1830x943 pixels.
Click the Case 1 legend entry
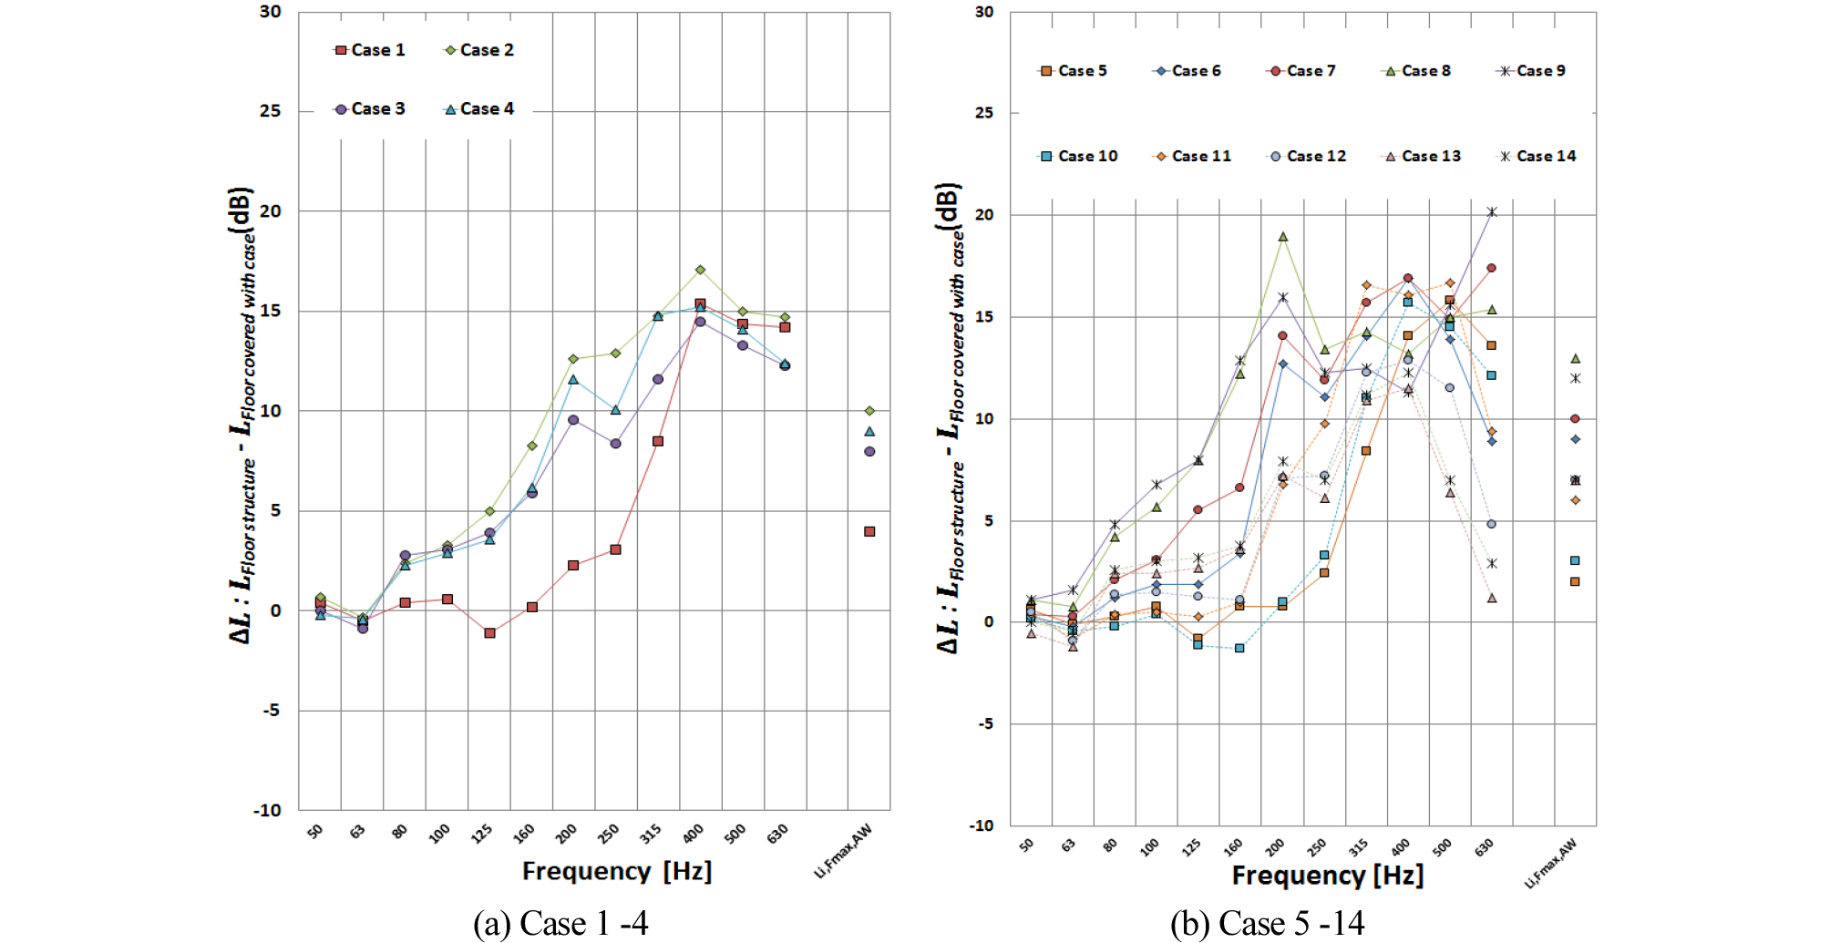(370, 50)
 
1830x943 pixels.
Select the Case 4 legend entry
(479, 109)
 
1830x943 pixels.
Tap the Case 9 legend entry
(1533, 71)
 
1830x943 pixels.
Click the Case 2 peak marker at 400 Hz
(700, 270)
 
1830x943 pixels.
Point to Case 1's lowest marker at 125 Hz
(489, 633)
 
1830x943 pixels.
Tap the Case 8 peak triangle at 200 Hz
(1282, 237)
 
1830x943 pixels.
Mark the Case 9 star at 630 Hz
(1491, 212)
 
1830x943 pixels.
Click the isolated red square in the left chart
(869, 531)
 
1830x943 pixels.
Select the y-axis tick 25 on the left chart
(271, 111)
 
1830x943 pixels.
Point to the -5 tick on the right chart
(985, 723)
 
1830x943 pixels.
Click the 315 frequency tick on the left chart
(651, 834)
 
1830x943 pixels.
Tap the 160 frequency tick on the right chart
(1232, 847)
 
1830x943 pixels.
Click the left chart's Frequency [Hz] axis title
(616, 872)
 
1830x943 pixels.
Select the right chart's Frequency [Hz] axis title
(1327, 876)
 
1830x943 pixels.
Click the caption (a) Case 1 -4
(560, 924)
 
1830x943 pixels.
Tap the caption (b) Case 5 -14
(1267, 924)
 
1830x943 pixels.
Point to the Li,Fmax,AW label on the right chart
(1550, 864)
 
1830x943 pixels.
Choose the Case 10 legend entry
(1079, 157)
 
